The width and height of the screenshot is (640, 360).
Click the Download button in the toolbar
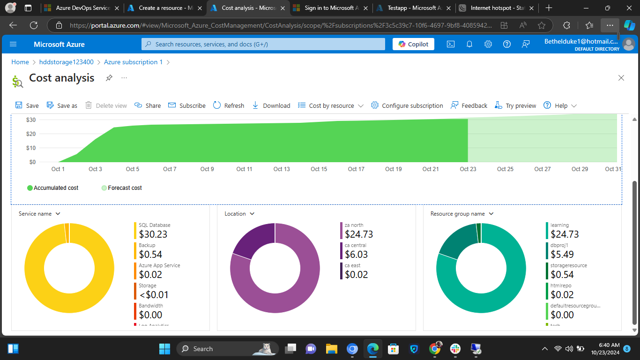[271, 105]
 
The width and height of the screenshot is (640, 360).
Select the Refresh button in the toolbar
[229, 105]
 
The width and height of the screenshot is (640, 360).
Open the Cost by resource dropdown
[331, 105]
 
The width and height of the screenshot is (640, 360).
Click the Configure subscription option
[407, 105]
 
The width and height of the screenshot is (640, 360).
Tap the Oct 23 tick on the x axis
[468, 169]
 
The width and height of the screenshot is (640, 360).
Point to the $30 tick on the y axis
[31, 120]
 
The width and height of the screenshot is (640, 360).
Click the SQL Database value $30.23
[153, 234]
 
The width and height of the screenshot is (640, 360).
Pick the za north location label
[354, 225]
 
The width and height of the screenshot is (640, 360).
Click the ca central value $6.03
[356, 255]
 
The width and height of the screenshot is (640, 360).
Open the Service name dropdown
[39, 214]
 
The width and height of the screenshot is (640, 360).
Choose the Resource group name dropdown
[462, 214]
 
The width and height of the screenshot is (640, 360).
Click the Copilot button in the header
[413, 44]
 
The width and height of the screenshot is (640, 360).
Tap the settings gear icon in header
[488, 44]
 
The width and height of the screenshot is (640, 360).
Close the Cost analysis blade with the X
[621, 78]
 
